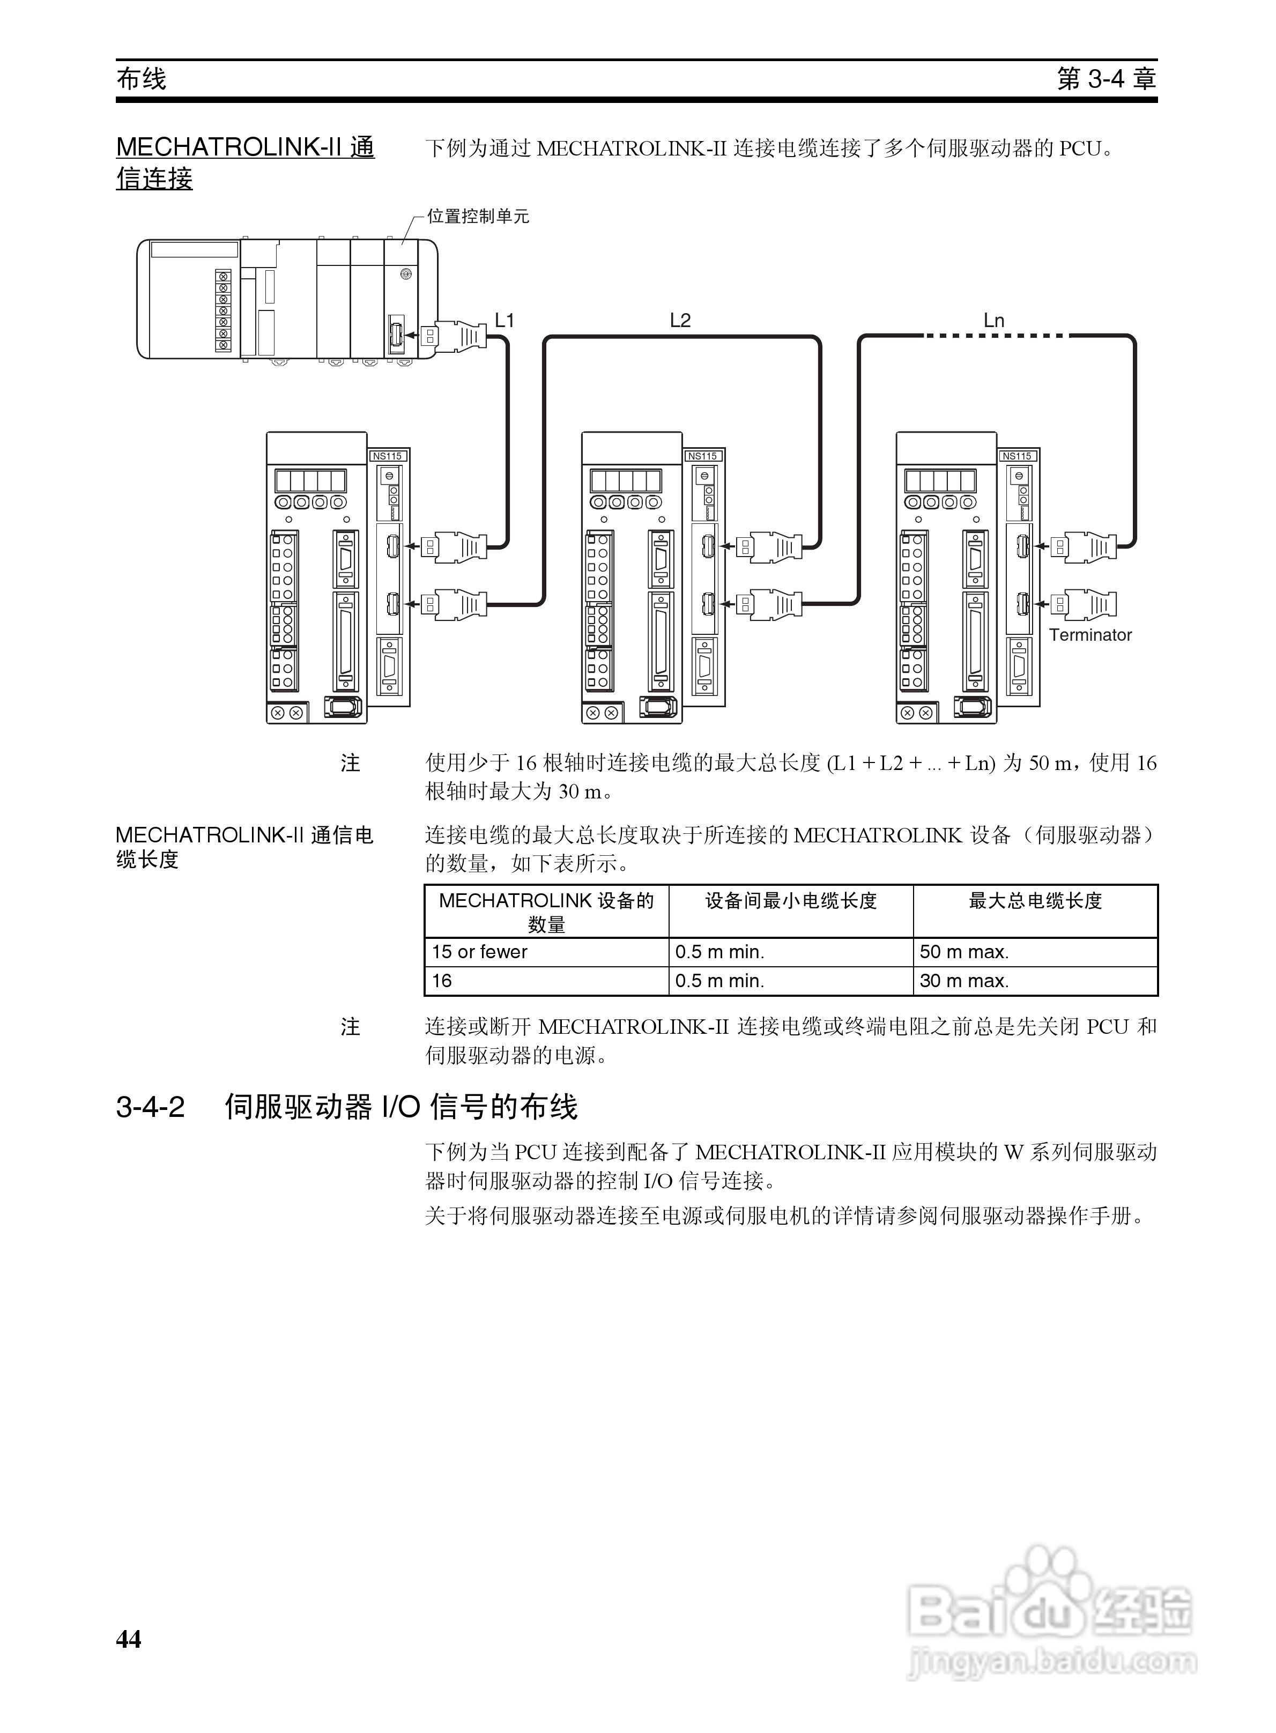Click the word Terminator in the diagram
coord(1090,635)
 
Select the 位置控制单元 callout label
coord(478,216)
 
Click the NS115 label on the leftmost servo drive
coord(387,456)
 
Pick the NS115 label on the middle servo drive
coord(702,456)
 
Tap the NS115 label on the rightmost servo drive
coord(1017,456)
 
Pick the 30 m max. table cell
coord(964,981)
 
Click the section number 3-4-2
coord(151,1107)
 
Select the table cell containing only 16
coord(442,981)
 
